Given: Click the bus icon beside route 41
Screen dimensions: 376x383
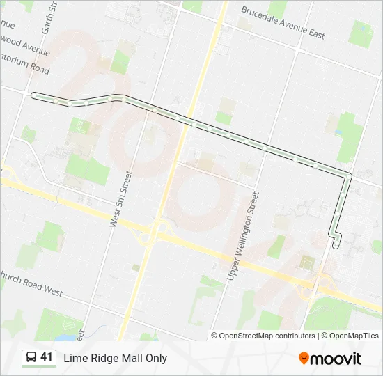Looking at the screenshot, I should (31, 358).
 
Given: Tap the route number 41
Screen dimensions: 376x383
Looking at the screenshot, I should (47, 358).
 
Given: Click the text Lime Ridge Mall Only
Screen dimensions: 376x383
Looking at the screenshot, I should (116, 359).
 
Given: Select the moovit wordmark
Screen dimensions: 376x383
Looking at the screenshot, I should (336, 359).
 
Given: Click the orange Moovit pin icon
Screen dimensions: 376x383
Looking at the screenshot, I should (304, 358).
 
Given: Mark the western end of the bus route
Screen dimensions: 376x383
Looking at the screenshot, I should (33, 94).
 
